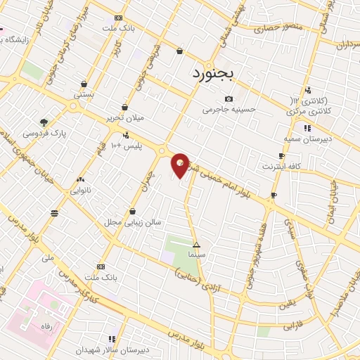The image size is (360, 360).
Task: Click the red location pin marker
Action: pos(181,165)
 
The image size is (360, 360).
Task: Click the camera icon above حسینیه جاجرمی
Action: pos(228,99)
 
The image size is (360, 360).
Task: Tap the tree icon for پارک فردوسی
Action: pos(44,122)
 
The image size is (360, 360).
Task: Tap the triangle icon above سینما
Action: pos(196,244)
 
